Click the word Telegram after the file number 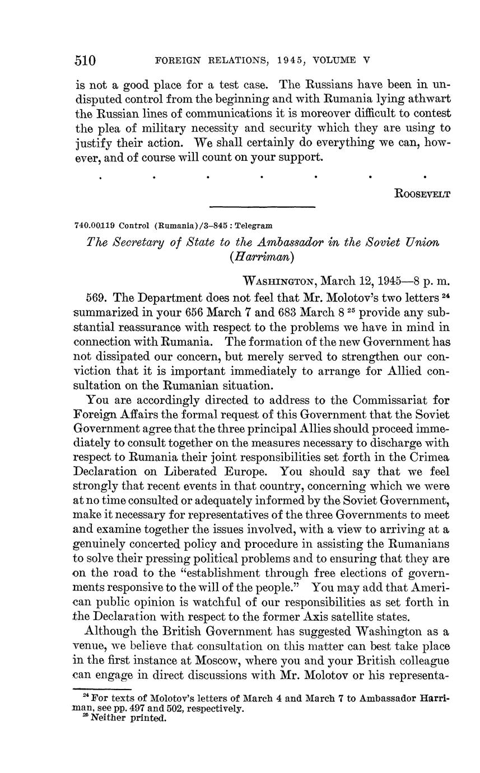[254, 226]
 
